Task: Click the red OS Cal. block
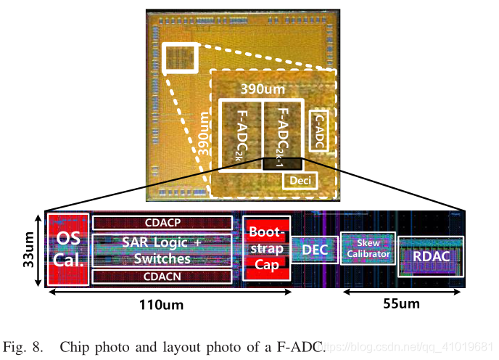pos(68,249)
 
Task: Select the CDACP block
pos(162,222)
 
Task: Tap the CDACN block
pos(162,276)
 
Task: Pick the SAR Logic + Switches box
pos(162,249)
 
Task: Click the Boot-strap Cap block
pos(266,249)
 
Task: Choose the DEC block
pos(315,250)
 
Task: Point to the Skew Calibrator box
pos(368,249)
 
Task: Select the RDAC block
pos(431,256)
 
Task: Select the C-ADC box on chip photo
pos(320,131)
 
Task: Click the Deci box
pos(300,179)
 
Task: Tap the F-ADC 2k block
pos(241,135)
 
